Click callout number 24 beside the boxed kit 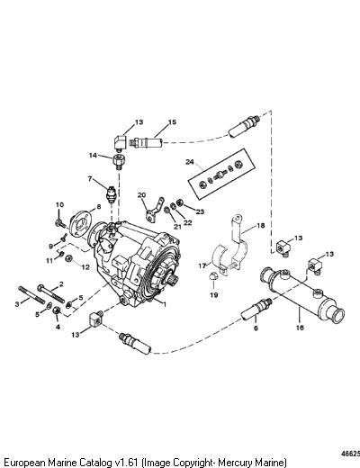coord(190,162)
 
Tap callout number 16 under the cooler coord(300,327)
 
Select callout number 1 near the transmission coord(164,304)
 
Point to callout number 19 coord(213,295)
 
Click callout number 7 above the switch coord(90,179)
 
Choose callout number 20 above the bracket coord(141,195)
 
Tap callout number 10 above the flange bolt coord(59,205)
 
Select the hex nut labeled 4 coord(57,310)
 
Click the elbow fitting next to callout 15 coord(120,143)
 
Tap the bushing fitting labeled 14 coord(119,162)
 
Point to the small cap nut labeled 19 coord(212,276)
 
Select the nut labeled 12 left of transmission coord(69,257)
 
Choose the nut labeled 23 coord(180,202)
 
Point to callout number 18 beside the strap coord(261,225)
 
